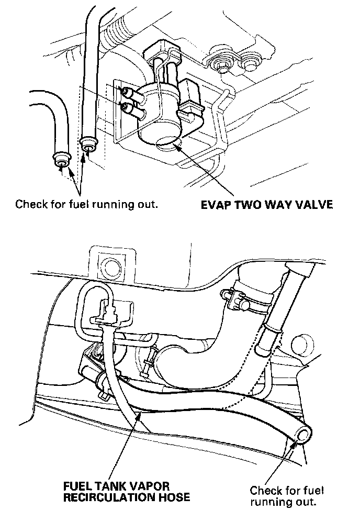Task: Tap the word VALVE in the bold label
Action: pos(312,204)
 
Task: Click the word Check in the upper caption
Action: pos(30,204)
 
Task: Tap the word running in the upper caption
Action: pos(109,204)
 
